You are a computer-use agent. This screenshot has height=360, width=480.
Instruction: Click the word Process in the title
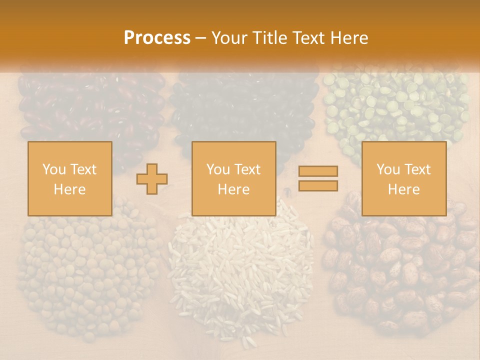click(157, 37)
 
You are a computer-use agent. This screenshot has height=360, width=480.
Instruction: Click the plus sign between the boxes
click(152, 179)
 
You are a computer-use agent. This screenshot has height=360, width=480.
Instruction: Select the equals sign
click(318, 178)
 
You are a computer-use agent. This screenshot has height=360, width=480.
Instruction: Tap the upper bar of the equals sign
click(318, 171)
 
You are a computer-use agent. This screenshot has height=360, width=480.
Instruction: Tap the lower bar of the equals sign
click(318, 185)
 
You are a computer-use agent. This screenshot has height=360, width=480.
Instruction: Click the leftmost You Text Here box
click(70, 178)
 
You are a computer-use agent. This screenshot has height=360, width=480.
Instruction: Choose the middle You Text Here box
click(233, 178)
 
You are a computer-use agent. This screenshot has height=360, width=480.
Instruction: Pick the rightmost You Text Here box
click(403, 178)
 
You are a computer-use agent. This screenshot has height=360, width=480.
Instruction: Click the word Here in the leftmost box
click(70, 189)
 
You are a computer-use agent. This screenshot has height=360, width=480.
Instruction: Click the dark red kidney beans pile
click(90, 105)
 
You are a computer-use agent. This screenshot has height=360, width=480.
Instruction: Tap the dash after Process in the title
click(201, 37)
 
